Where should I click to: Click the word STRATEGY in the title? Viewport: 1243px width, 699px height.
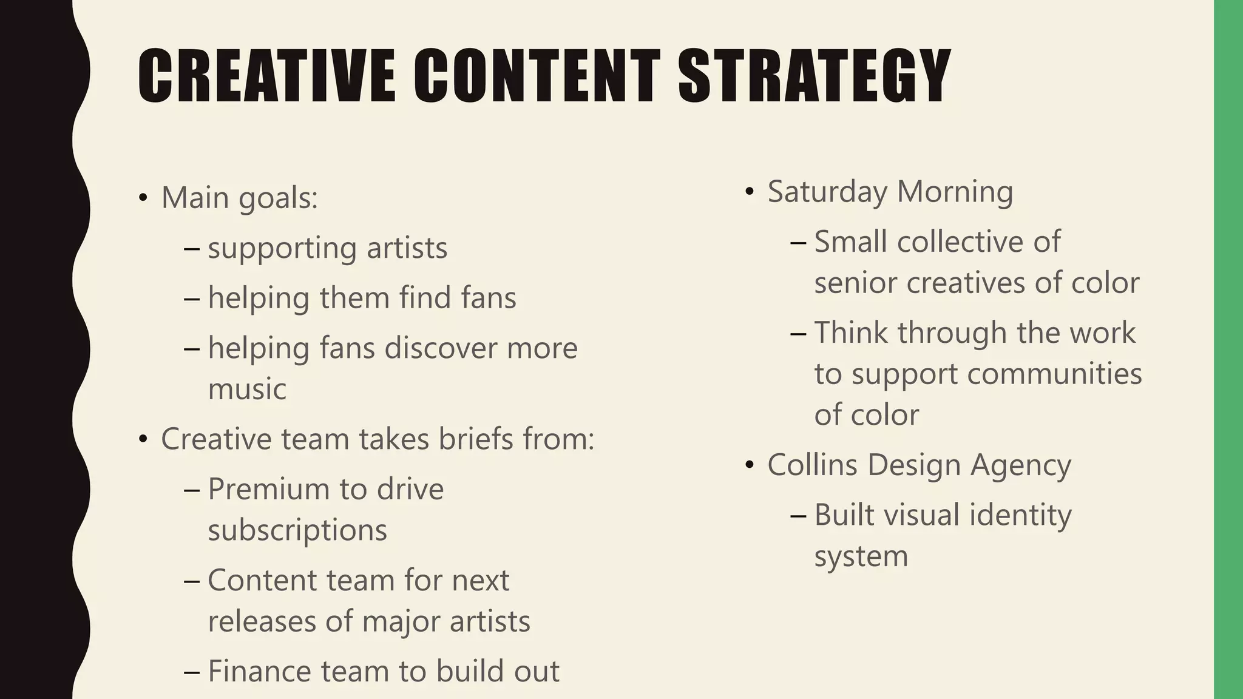pyautogui.click(x=814, y=76)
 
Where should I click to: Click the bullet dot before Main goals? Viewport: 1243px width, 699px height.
pyautogui.click(x=143, y=198)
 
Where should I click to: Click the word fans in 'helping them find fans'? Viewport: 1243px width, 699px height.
pyautogui.click(x=488, y=298)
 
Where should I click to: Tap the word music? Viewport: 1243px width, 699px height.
pyautogui.click(x=247, y=389)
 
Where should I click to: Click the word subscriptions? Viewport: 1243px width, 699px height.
pyautogui.click(x=297, y=530)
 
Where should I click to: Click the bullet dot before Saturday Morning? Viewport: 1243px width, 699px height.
pyautogui.click(x=750, y=192)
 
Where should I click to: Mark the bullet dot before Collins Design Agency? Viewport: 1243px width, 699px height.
pyautogui.click(x=750, y=465)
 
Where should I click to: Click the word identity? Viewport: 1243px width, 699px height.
pyautogui.click(x=1020, y=515)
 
